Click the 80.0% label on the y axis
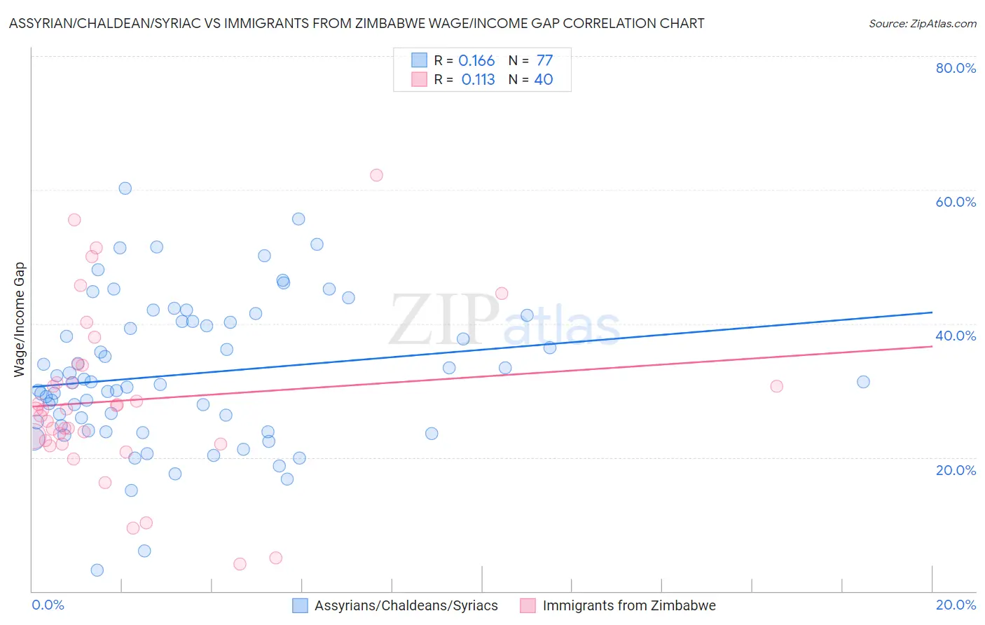(x=956, y=68)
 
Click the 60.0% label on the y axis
(x=956, y=202)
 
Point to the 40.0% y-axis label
(x=956, y=336)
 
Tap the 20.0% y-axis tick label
(x=956, y=469)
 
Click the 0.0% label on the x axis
(x=48, y=605)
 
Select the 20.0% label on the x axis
(x=956, y=605)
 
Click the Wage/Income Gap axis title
(x=20, y=320)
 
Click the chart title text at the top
(x=357, y=23)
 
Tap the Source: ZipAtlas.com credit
(x=922, y=23)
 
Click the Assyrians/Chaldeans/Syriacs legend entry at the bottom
(x=406, y=605)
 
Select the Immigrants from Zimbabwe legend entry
(x=628, y=605)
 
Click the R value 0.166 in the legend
(x=476, y=61)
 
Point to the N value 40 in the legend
(x=544, y=80)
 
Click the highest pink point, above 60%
(x=376, y=175)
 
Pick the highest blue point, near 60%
(x=125, y=188)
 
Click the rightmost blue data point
(x=863, y=382)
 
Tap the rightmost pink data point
(x=776, y=386)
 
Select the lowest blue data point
(x=97, y=570)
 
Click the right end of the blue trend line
(x=932, y=312)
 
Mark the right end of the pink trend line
(x=932, y=346)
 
